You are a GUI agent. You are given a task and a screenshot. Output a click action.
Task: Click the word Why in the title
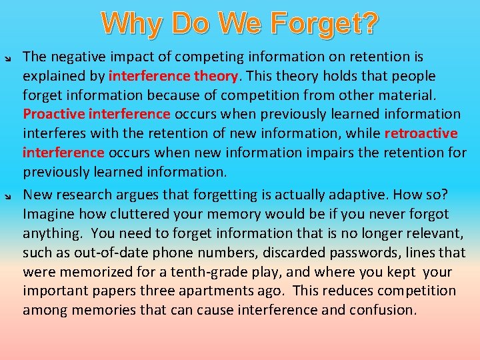tap(132, 24)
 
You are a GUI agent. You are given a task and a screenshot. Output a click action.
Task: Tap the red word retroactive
tap(421, 133)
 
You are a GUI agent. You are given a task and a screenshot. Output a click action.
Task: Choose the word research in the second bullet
tap(82, 195)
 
